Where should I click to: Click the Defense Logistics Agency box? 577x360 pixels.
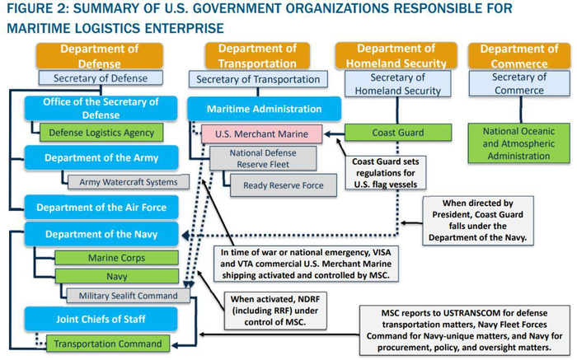(101, 133)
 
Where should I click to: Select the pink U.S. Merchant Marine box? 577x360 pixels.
(261, 133)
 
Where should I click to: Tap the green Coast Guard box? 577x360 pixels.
(398, 133)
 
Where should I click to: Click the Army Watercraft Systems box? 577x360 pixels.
(129, 182)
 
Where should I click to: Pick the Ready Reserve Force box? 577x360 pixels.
(284, 185)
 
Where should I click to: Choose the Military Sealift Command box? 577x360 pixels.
(128, 296)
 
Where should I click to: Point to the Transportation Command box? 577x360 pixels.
(108, 344)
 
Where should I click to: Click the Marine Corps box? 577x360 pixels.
(117, 258)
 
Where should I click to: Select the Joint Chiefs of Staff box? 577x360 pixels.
(101, 319)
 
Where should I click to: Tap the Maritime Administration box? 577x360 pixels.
(265, 109)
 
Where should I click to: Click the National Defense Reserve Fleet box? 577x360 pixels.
(263, 158)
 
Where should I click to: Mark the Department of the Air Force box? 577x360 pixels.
(101, 207)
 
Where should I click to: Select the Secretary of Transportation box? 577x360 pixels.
(258, 79)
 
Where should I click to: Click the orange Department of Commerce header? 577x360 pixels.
(518, 56)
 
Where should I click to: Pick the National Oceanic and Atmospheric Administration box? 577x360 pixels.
(518, 143)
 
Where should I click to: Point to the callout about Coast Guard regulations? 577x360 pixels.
(385, 173)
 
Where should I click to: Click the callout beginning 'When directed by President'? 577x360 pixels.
(477, 220)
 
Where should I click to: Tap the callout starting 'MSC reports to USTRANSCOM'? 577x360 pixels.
(464, 330)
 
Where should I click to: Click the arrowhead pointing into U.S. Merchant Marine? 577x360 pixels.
(327, 133)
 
